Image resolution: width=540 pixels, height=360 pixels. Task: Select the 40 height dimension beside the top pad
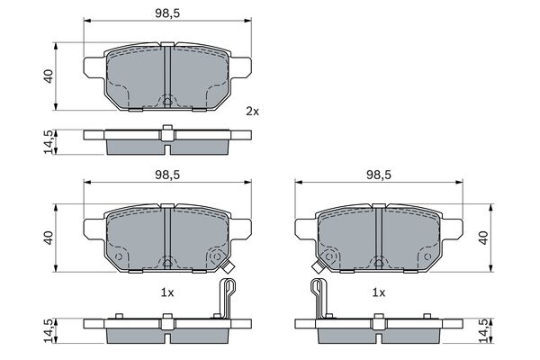[48, 76]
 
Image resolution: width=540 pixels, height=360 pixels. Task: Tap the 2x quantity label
[252, 112]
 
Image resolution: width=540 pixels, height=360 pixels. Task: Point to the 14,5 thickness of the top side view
[48, 142]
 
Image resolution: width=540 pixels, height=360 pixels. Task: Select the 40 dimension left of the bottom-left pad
[48, 238]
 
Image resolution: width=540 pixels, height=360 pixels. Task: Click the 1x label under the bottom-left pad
[167, 293]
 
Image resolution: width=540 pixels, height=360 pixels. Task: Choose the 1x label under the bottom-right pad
[379, 293]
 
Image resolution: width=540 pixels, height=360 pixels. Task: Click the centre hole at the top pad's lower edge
[167, 100]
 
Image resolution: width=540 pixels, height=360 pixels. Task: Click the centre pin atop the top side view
[167, 127]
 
